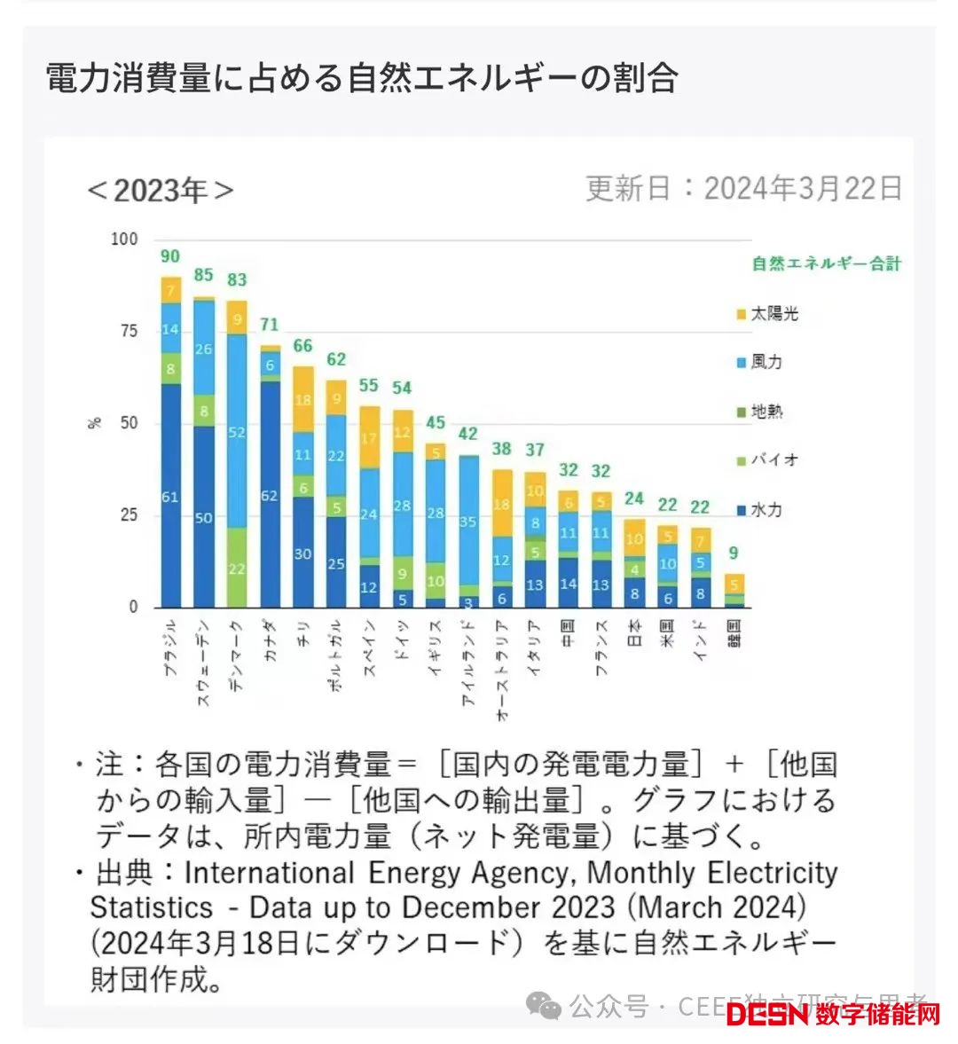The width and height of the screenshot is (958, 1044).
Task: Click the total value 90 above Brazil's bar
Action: [x=169, y=256]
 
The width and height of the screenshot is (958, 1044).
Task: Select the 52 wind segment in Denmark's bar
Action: [x=237, y=432]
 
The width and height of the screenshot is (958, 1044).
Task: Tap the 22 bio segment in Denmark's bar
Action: [x=237, y=569]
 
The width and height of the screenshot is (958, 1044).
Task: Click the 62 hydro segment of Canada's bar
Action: [x=270, y=496]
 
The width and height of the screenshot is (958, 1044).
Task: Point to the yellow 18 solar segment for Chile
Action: [x=302, y=400]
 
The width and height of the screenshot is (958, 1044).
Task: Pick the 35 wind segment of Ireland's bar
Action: [x=469, y=522]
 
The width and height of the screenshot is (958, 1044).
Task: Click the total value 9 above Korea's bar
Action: [x=734, y=553]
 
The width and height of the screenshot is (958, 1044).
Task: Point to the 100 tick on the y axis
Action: [x=124, y=239]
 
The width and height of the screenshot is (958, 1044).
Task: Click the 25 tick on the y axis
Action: [x=129, y=515]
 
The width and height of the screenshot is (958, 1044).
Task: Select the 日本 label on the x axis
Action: [x=635, y=632]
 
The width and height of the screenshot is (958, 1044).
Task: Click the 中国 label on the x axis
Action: [x=569, y=632]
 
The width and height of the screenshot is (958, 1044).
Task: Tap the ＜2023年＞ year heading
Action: [x=161, y=190]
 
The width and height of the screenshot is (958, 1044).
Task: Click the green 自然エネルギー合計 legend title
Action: [x=826, y=263]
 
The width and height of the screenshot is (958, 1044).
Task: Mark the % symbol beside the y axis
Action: [x=95, y=423]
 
